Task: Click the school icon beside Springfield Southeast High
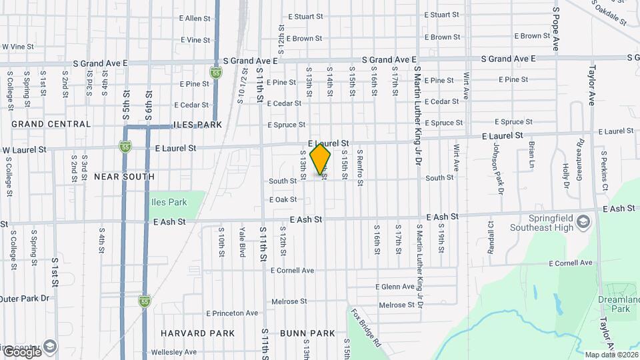(x=584, y=221)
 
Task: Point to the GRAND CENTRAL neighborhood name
(x=51, y=124)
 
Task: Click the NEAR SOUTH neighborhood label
(x=124, y=177)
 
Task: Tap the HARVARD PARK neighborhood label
(x=198, y=333)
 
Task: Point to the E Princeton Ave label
(x=232, y=313)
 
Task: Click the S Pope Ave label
(x=555, y=29)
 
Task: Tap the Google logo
(x=21, y=351)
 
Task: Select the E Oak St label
(x=283, y=199)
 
